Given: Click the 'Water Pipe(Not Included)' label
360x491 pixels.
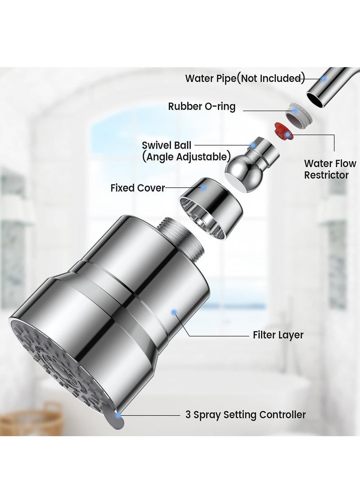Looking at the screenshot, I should tap(245, 78).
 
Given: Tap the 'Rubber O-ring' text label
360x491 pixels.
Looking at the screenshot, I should tap(202, 106).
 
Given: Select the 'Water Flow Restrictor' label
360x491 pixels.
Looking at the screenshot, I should tap(330, 169).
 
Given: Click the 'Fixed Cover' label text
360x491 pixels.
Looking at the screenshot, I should tap(138, 188).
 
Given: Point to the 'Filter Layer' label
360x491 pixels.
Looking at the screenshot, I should tap(278, 335).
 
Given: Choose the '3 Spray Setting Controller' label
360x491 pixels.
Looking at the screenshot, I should tap(245, 414).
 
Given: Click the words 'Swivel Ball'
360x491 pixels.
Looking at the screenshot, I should tap(166, 145).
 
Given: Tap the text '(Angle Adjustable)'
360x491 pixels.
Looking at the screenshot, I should tap(186, 157).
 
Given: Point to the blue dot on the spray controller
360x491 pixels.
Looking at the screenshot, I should tap(118, 413).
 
